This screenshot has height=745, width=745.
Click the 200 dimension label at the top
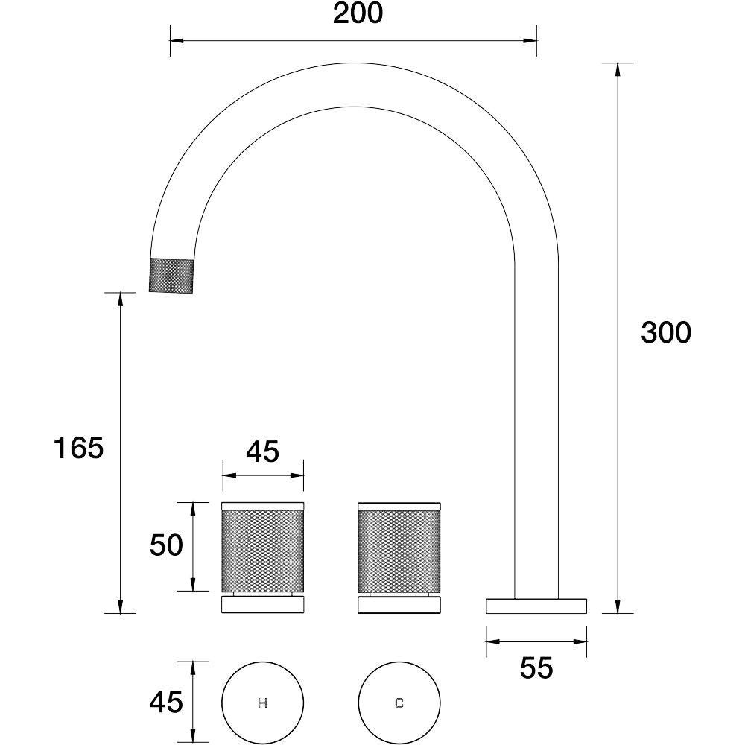(x=358, y=13)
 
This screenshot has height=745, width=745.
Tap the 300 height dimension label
(x=665, y=332)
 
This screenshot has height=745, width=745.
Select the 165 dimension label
(x=78, y=448)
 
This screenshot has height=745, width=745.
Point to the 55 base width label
(x=536, y=668)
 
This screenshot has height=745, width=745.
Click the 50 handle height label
(x=166, y=545)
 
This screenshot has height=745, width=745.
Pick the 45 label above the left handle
(x=263, y=451)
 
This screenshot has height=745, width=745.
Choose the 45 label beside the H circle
(x=166, y=702)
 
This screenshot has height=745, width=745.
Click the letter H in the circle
(x=262, y=703)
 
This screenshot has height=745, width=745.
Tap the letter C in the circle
(x=399, y=703)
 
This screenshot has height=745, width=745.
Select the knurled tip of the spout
(x=171, y=276)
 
